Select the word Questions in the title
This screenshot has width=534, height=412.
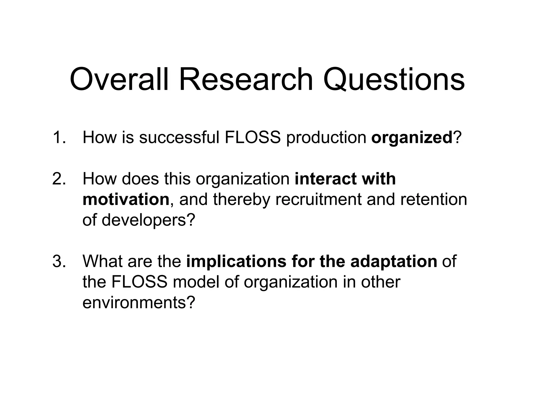coord(394,79)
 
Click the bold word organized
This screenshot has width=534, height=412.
coord(412,138)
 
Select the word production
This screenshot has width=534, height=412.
coord(326,138)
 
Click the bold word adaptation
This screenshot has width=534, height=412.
coord(394,261)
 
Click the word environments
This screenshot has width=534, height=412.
coord(138,302)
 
